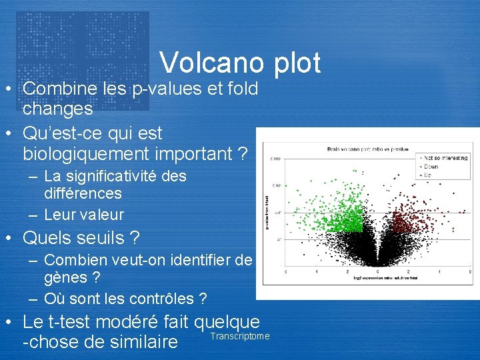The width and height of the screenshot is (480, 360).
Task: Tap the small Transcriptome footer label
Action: coord(240,336)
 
